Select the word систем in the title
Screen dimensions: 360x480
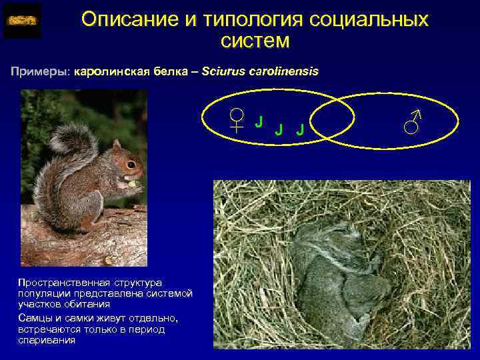[255, 41]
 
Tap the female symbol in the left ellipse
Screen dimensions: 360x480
[236, 121]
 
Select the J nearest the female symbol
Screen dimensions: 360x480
[259, 121]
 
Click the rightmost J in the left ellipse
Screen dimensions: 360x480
[300, 128]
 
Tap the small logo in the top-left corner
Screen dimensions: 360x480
[22, 21]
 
